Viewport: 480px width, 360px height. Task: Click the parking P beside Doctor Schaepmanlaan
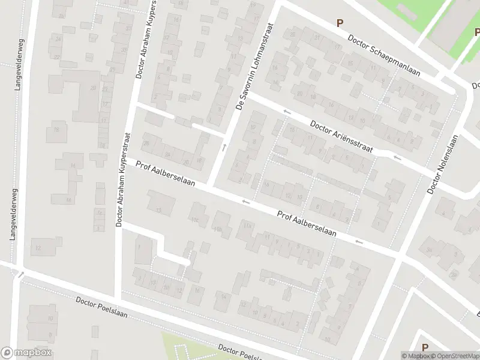(340, 23)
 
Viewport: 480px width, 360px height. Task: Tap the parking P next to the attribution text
(425, 347)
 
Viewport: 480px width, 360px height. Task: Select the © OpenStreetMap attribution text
(454, 356)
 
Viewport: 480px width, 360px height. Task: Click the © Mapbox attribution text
(415, 356)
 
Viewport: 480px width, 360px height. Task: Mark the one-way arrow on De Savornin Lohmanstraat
(224, 147)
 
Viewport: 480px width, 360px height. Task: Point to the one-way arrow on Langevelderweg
(21, 275)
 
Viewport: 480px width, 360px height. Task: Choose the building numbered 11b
(217, 229)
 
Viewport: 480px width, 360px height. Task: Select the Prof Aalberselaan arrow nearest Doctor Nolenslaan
(359, 242)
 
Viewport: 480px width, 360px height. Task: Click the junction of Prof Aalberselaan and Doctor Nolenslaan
(399, 257)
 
